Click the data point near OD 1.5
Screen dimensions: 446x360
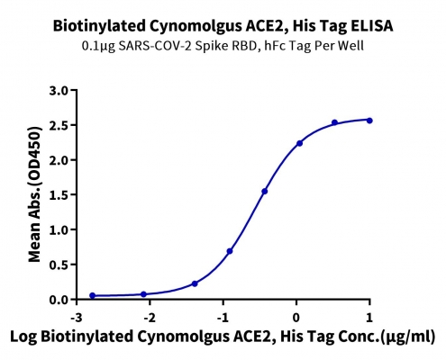(x=265, y=191)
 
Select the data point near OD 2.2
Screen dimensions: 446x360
(x=299, y=143)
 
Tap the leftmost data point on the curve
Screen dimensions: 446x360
(x=93, y=295)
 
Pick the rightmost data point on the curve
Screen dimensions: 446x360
(x=369, y=121)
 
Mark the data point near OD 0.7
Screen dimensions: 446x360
(x=230, y=251)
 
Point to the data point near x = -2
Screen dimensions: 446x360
(x=143, y=294)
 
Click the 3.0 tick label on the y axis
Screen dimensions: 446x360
(x=59, y=90)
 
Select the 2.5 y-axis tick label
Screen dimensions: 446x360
(x=59, y=125)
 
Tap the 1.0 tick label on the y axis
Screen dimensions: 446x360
(x=59, y=229)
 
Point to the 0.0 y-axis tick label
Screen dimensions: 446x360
(x=59, y=300)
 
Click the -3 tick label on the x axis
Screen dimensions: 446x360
(x=77, y=318)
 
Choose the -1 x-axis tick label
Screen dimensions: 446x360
(x=223, y=318)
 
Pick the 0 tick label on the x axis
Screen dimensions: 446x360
(x=296, y=318)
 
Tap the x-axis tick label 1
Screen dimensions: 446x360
(x=369, y=318)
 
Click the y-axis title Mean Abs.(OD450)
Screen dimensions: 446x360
(x=34, y=194)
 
